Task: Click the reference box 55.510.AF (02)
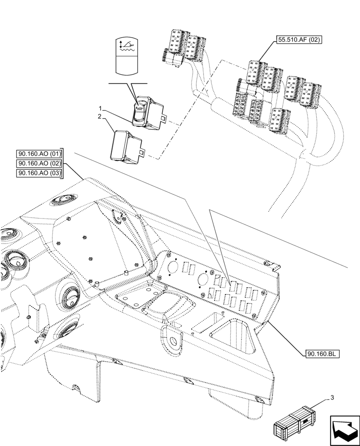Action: point(299,40)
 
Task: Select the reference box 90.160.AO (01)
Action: point(40,154)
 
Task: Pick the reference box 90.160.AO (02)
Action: point(40,164)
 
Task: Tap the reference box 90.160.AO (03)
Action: point(40,173)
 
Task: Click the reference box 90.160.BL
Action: point(323,354)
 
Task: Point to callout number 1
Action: point(101,108)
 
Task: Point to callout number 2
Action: point(101,117)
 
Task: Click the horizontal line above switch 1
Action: point(127,83)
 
